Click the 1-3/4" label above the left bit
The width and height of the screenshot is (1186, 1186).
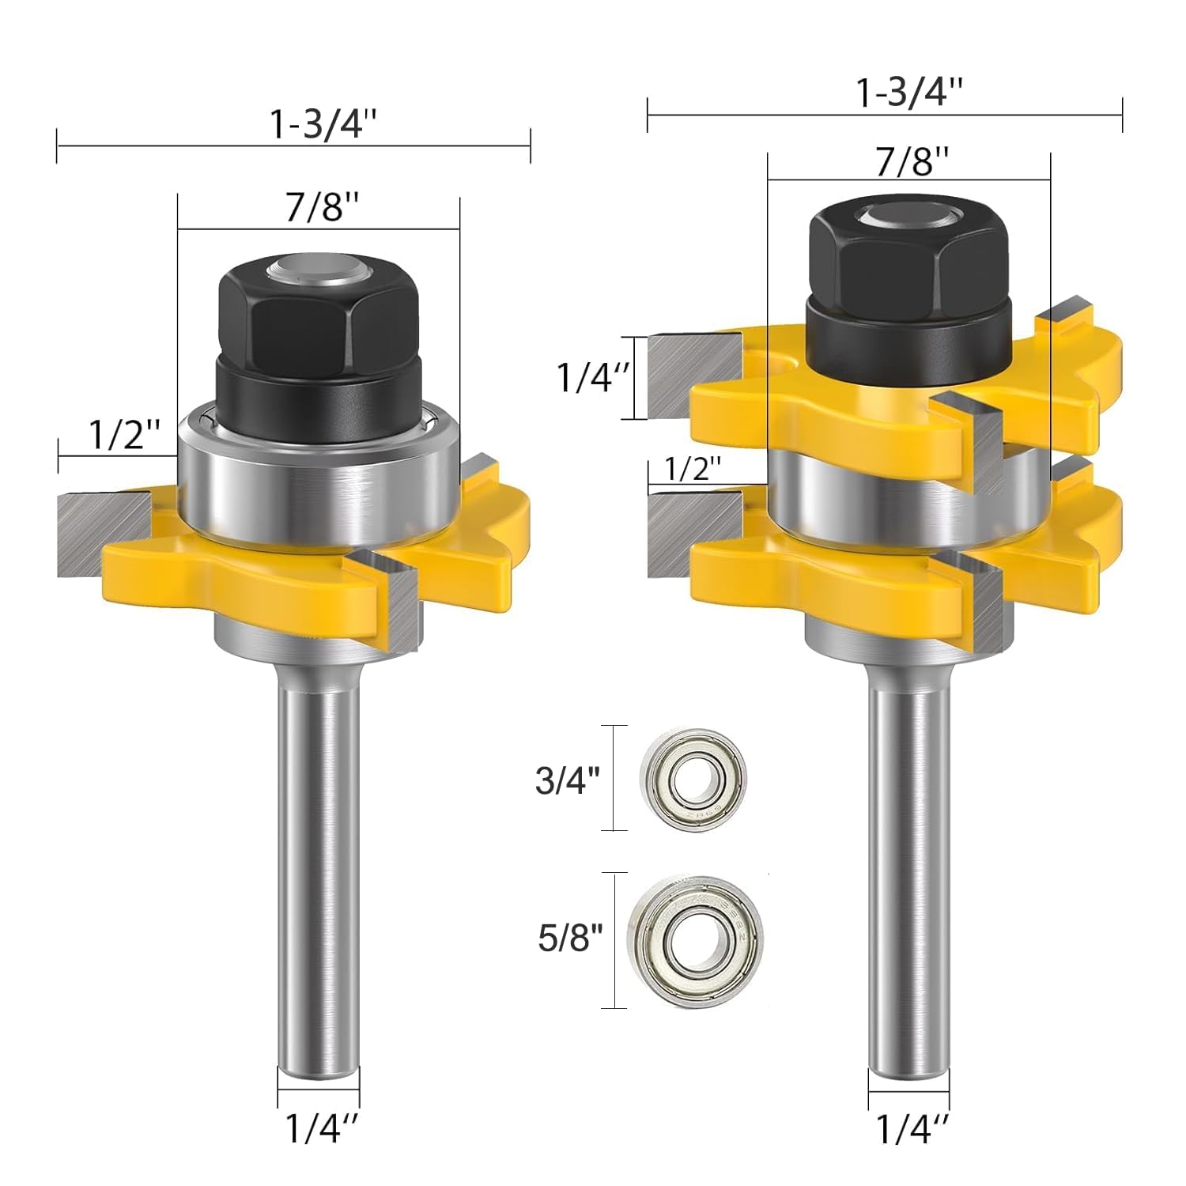pyautogui.click(x=324, y=124)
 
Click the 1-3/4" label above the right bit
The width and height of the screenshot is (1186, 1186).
pyautogui.click(x=910, y=93)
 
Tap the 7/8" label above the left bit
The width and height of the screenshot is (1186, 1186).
pyautogui.click(x=323, y=207)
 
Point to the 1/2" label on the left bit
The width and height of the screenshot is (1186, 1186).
pyautogui.click(x=124, y=434)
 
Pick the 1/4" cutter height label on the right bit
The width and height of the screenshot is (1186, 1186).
pyautogui.click(x=594, y=378)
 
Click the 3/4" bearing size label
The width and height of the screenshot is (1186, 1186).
pyautogui.click(x=568, y=780)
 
